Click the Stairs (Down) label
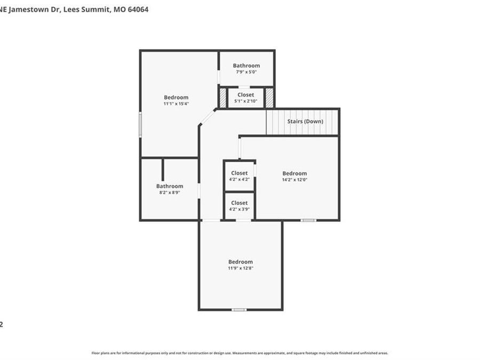305,122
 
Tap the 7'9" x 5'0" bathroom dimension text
246,72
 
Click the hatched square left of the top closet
223,98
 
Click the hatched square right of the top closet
269,98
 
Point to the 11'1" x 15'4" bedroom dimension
176,103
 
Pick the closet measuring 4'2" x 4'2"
239,176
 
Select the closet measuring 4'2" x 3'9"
239,206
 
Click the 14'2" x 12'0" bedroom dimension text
294,180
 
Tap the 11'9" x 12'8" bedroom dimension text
241,268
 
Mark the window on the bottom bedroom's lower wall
239,309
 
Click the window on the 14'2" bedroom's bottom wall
308,220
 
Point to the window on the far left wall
140,125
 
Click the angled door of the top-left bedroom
208,117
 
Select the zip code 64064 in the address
138,9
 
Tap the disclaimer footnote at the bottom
240,353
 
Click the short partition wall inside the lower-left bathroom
163,170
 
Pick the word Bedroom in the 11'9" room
241,262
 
